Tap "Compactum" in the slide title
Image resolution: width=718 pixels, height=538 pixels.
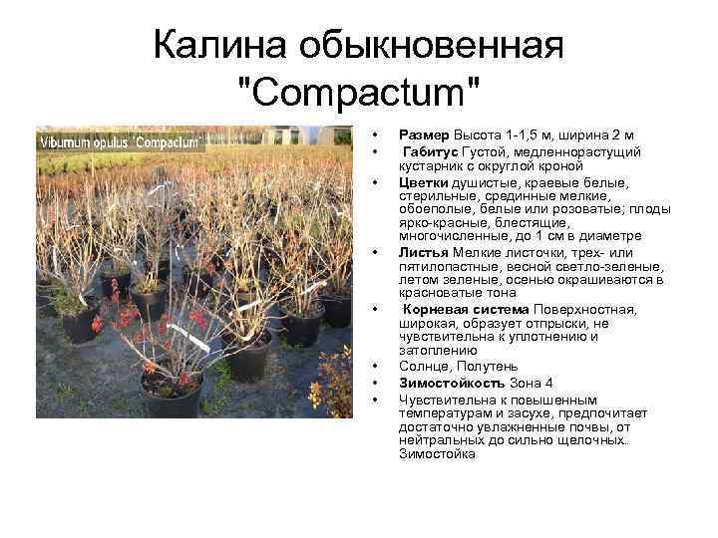click(x=359, y=94)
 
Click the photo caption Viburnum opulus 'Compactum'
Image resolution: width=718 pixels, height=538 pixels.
click(x=121, y=141)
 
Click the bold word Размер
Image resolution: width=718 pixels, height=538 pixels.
click(x=425, y=134)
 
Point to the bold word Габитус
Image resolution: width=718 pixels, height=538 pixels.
click(x=431, y=151)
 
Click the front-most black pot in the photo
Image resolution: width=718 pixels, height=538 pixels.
click(x=171, y=394)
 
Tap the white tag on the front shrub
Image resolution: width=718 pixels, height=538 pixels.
click(x=195, y=340)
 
